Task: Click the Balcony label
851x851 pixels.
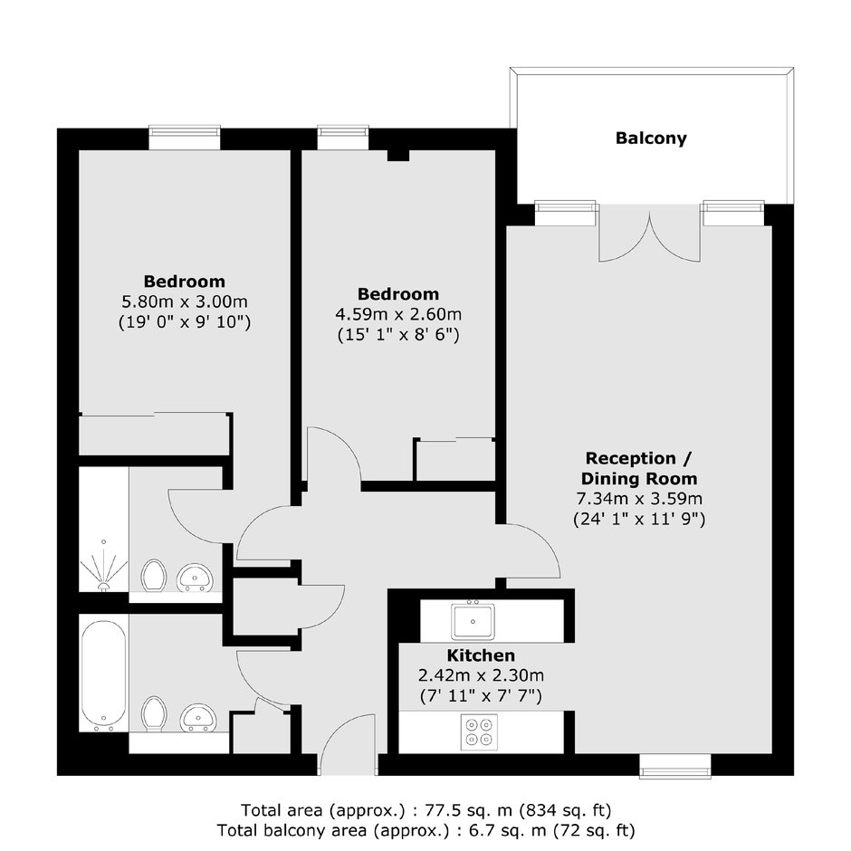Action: (x=651, y=139)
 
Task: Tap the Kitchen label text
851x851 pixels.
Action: (x=481, y=655)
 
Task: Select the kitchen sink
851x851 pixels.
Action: (x=473, y=621)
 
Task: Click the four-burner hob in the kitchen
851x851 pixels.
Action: (x=479, y=732)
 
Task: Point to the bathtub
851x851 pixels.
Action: (x=104, y=673)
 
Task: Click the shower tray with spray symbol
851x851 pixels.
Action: (x=104, y=530)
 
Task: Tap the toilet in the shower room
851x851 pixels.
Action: (x=154, y=576)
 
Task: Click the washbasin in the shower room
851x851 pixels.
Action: (x=195, y=578)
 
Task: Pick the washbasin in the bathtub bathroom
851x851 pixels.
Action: (x=198, y=718)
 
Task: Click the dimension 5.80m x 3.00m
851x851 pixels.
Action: (x=185, y=301)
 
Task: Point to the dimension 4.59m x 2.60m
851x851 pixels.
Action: (x=398, y=314)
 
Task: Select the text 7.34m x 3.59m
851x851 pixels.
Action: (x=639, y=498)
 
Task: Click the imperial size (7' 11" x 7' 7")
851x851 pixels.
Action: (x=481, y=696)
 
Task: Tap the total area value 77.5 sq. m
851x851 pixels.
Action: (x=468, y=810)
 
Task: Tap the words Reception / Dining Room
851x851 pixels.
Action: (x=639, y=468)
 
